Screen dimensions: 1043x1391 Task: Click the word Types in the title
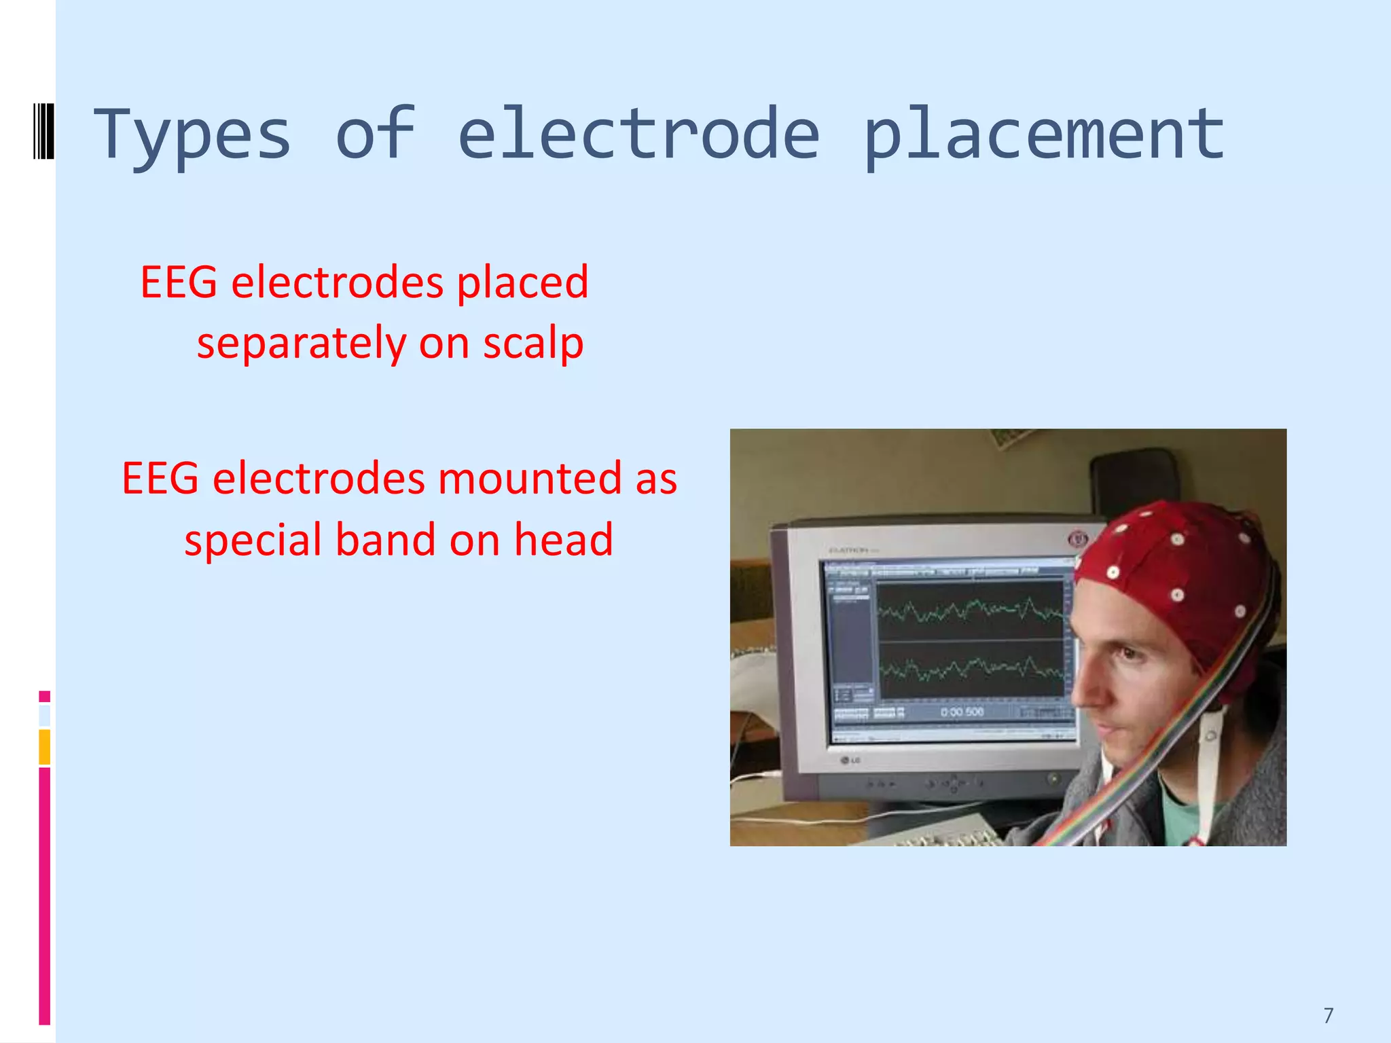(x=192, y=136)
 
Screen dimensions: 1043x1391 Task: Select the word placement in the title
(x=1044, y=136)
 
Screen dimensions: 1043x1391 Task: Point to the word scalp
(x=533, y=343)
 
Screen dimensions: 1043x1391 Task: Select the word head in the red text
(x=563, y=540)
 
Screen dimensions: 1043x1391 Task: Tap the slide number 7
(x=1329, y=1015)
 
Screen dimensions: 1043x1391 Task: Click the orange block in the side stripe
(x=45, y=747)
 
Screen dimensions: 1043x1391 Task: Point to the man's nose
(x=1085, y=689)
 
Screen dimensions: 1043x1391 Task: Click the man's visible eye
(x=1127, y=653)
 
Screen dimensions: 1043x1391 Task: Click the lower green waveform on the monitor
(x=971, y=669)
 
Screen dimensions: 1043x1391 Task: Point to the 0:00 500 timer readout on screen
(x=962, y=712)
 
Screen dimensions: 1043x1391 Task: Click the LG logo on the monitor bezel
(x=850, y=760)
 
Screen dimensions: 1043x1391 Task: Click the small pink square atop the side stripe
(x=45, y=696)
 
